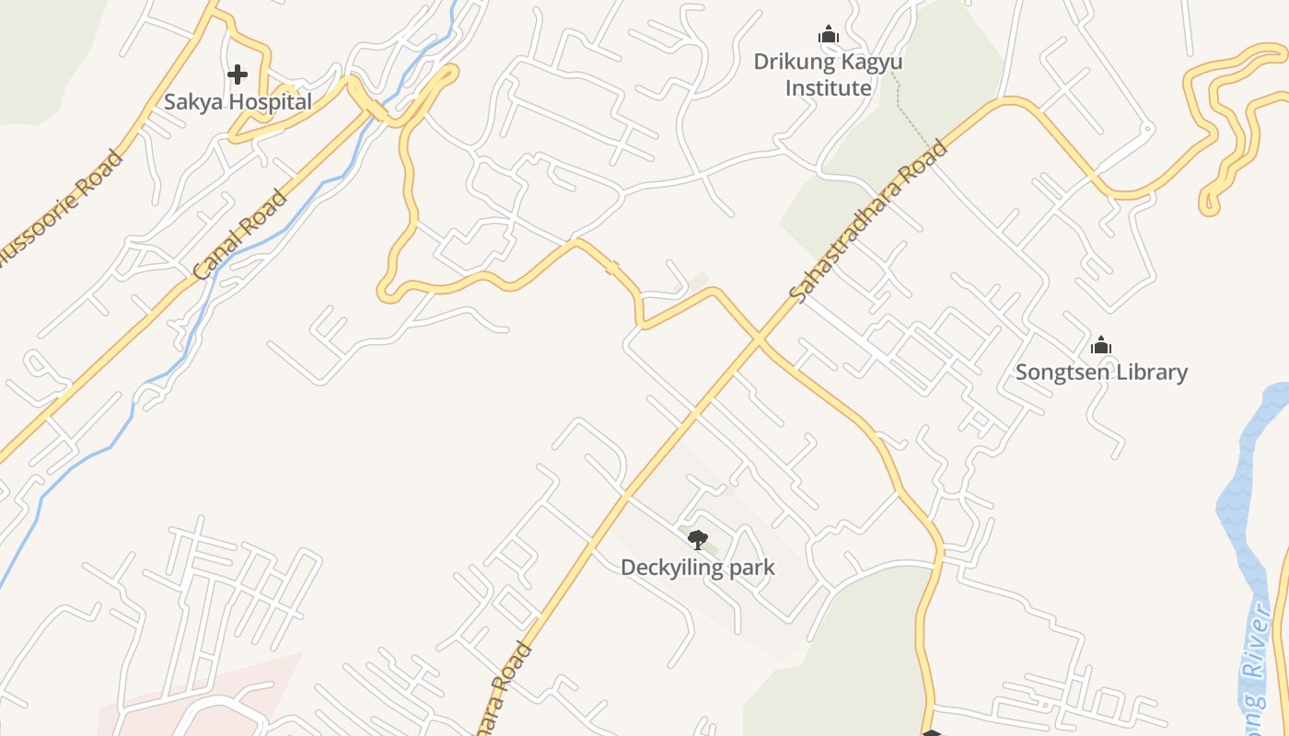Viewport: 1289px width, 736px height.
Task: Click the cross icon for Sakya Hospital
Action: [x=238, y=74]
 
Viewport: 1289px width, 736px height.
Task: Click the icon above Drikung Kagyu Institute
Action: [x=829, y=35]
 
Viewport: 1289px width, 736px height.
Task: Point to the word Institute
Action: [x=827, y=88]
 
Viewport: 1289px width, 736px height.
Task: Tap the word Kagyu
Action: [x=872, y=62]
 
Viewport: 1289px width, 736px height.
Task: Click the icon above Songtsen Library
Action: [x=1101, y=346]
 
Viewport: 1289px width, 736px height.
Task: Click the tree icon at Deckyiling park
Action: [x=698, y=540]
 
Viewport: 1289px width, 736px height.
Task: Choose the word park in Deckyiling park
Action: [x=751, y=568]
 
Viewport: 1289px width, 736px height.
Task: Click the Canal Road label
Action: [x=240, y=235]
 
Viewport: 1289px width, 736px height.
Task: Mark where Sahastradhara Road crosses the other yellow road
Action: [x=758, y=341]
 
